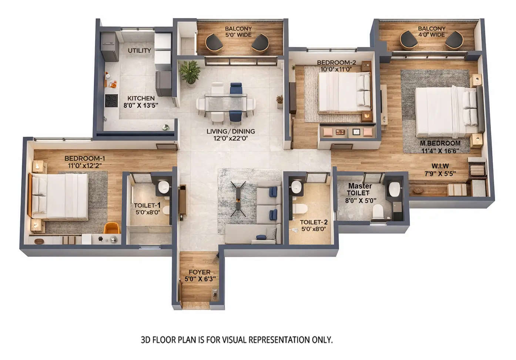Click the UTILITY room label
(x=139, y=50)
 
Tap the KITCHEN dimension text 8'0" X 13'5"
(x=141, y=105)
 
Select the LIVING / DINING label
(x=231, y=131)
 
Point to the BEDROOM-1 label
(x=85, y=159)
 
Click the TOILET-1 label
(x=147, y=206)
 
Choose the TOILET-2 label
(x=314, y=222)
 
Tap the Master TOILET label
(x=359, y=189)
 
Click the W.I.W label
(x=440, y=166)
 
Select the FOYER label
(x=200, y=272)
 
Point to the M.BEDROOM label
(x=440, y=143)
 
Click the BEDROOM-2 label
(x=336, y=63)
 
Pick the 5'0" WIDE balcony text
(x=238, y=35)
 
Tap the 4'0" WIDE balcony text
(x=431, y=35)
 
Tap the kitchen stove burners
(x=111, y=100)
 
